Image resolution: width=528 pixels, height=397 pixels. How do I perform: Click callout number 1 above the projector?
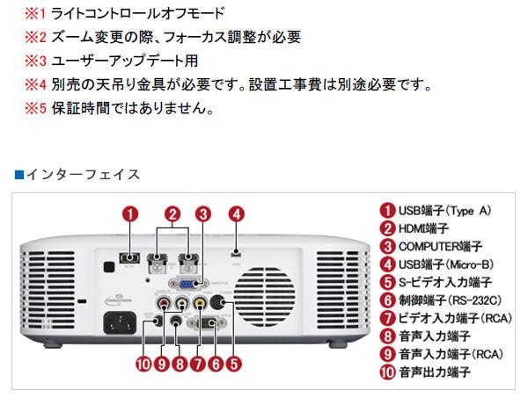coord(129,213)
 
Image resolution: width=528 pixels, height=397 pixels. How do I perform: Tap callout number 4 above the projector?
coord(237,213)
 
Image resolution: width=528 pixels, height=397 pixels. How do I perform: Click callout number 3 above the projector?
coord(203,213)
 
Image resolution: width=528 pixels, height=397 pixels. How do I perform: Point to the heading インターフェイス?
coord(83,174)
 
